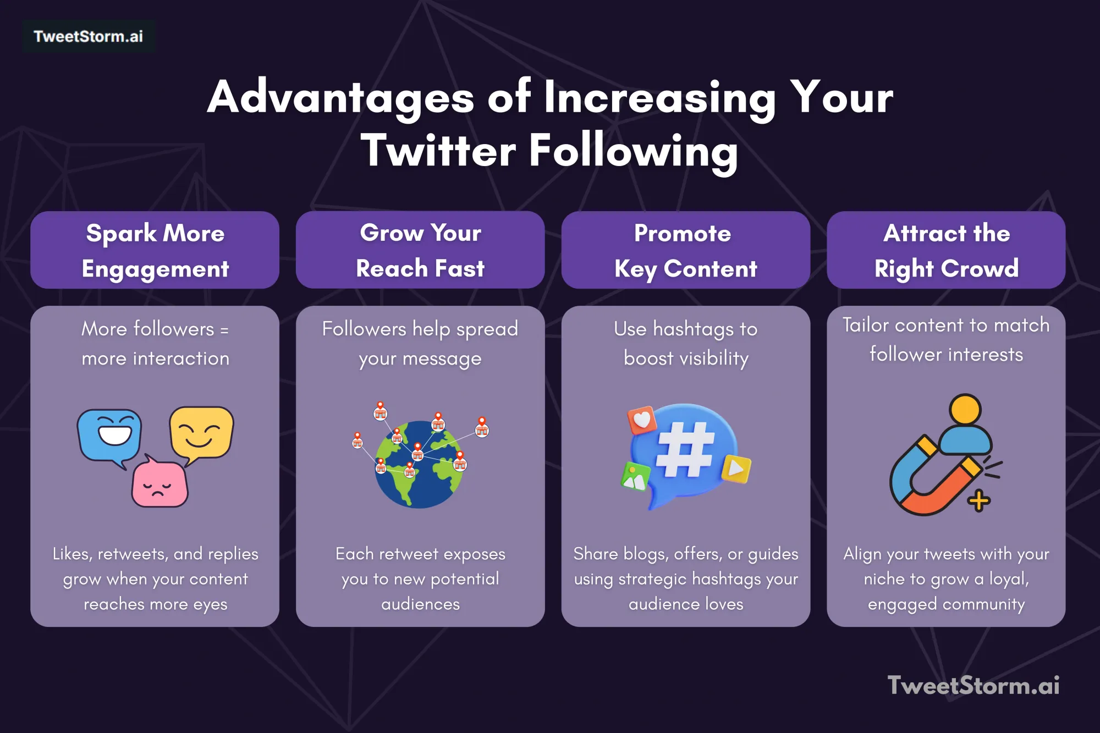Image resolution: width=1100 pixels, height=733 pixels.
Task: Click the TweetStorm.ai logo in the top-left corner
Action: pyautogui.click(x=88, y=36)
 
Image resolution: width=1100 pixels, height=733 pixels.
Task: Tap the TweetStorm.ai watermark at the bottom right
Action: pyautogui.click(x=973, y=685)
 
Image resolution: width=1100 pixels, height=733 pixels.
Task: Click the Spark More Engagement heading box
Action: pyautogui.click(x=155, y=250)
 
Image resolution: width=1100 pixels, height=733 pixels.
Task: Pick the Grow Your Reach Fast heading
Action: pyautogui.click(x=420, y=250)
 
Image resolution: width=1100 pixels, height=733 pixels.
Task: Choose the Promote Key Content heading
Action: pyautogui.click(x=685, y=250)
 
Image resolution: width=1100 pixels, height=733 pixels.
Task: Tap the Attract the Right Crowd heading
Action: pyautogui.click(x=946, y=250)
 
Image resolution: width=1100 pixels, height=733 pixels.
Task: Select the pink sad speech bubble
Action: pyautogui.click(x=159, y=484)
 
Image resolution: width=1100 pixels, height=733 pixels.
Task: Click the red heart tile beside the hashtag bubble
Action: pyautogui.click(x=642, y=420)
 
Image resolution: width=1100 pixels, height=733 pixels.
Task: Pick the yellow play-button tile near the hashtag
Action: pyautogui.click(x=736, y=469)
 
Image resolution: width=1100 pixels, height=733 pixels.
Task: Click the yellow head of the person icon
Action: pyautogui.click(x=965, y=410)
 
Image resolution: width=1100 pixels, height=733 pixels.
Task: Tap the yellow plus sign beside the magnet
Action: pyautogui.click(x=978, y=501)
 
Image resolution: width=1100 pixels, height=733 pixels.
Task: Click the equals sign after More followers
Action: pyautogui.click(x=224, y=330)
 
